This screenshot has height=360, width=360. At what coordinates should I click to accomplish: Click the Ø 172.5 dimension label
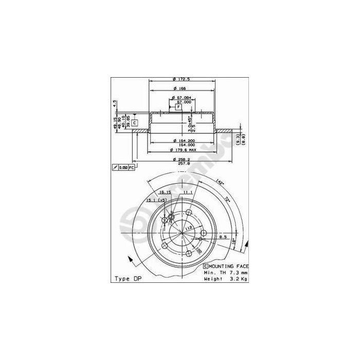[x=179, y=79]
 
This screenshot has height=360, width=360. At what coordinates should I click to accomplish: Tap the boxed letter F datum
[x=178, y=106]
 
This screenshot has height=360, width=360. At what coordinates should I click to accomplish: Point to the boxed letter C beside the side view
[x=134, y=122]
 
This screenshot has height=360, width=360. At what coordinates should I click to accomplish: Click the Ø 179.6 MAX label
[x=180, y=150]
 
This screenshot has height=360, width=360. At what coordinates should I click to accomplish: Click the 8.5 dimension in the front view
[x=223, y=237]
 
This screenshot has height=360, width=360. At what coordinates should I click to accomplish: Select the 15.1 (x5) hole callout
[x=156, y=200]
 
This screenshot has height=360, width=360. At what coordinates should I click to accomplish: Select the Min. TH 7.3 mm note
[x=226, y=272]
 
